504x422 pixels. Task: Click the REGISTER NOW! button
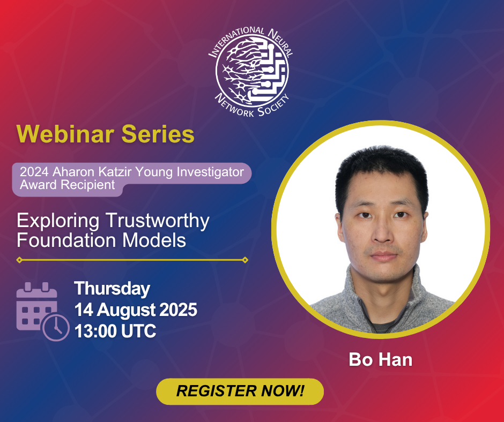point(240,391)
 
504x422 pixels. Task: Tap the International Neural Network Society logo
point(251,72)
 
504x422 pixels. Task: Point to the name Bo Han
point(381,359)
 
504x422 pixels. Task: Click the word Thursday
point(112,289)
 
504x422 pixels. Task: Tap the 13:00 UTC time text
point(115,331)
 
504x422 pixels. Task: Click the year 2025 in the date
point(179,310)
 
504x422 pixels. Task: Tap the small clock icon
point(56,327)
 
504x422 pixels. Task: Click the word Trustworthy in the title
point(158,221)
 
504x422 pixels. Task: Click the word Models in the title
point(154,240)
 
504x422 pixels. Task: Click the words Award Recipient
point(68,185)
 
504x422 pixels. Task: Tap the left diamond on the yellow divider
point(19,260)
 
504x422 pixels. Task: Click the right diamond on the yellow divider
point(245,260)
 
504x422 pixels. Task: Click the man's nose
point(382,233)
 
